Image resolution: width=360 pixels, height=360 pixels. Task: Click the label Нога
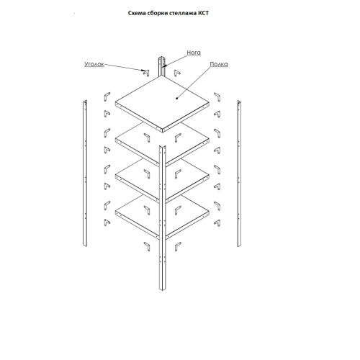pos(194,53)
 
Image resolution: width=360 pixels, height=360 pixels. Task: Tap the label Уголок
pos(94,64)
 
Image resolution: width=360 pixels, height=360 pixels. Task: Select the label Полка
pos(219,64)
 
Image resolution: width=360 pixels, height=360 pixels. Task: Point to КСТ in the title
pos(203,13)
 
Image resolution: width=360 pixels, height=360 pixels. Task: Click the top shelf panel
pos(162,104)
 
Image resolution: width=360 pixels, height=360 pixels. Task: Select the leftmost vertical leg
pos(85,173)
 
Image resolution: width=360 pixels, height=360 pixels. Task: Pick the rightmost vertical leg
pos(239,174)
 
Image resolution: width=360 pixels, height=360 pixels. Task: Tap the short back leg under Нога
pos(161,66)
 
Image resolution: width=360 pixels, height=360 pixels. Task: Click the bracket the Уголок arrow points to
pos(146,73)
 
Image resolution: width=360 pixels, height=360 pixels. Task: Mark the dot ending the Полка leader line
pos(177,98)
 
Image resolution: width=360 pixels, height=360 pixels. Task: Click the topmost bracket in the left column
pos(107,96)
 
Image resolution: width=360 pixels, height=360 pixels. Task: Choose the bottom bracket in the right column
pos(217,223)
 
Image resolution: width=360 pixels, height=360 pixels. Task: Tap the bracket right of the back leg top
pos(177,73)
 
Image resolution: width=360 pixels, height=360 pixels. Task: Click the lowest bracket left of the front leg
pos(147,246)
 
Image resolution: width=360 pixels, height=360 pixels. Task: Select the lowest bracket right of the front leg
pos(178,246)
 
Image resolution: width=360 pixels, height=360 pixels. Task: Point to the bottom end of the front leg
pos(163,290)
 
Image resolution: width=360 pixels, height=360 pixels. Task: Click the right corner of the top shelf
pos(209,104)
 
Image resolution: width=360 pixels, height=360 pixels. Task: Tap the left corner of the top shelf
pos(115,104)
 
